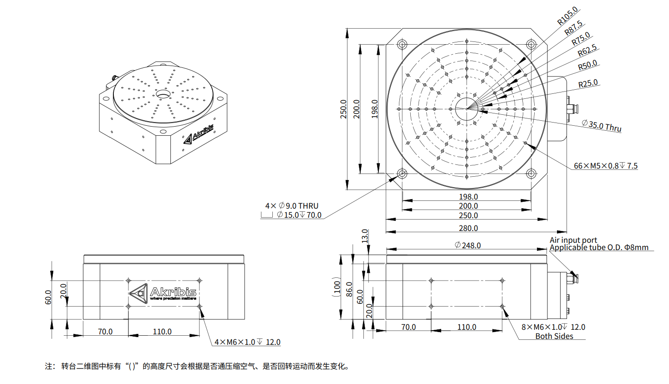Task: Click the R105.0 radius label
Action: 567,16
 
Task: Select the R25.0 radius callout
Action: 588,83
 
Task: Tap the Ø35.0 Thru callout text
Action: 601,125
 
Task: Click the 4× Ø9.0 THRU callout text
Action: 292,206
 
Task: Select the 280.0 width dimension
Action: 468,228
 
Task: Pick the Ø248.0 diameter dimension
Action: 468,246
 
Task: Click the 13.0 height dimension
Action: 365,236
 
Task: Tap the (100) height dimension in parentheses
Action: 337,287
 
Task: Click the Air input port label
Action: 573,240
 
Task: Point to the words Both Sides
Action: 554,336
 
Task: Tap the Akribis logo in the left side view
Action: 163,292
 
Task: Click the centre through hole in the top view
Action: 466,109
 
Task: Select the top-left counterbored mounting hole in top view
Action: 402,44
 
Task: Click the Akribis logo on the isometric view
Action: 199,133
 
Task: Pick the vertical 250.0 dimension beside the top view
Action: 343,109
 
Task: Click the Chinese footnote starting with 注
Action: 197,366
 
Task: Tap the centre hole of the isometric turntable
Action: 163,94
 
